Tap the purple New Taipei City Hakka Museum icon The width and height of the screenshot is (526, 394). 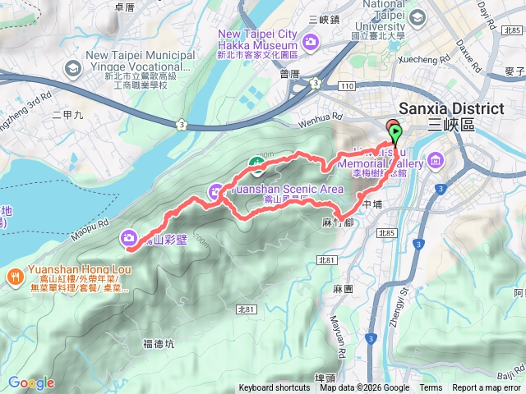[311, 41]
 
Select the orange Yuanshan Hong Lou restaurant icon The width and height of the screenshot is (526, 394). [16, 276]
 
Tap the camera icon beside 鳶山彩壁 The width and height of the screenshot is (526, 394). [129, 238]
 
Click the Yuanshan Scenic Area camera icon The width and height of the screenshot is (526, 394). [216, 191]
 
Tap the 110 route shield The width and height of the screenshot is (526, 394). [350, 85]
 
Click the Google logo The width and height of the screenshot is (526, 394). [31, 383]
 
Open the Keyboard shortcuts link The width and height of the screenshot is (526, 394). [275, 388]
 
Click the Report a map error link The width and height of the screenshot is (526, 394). [487, 388]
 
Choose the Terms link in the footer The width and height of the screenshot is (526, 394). [430, 388]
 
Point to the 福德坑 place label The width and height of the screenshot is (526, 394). [158, 344]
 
